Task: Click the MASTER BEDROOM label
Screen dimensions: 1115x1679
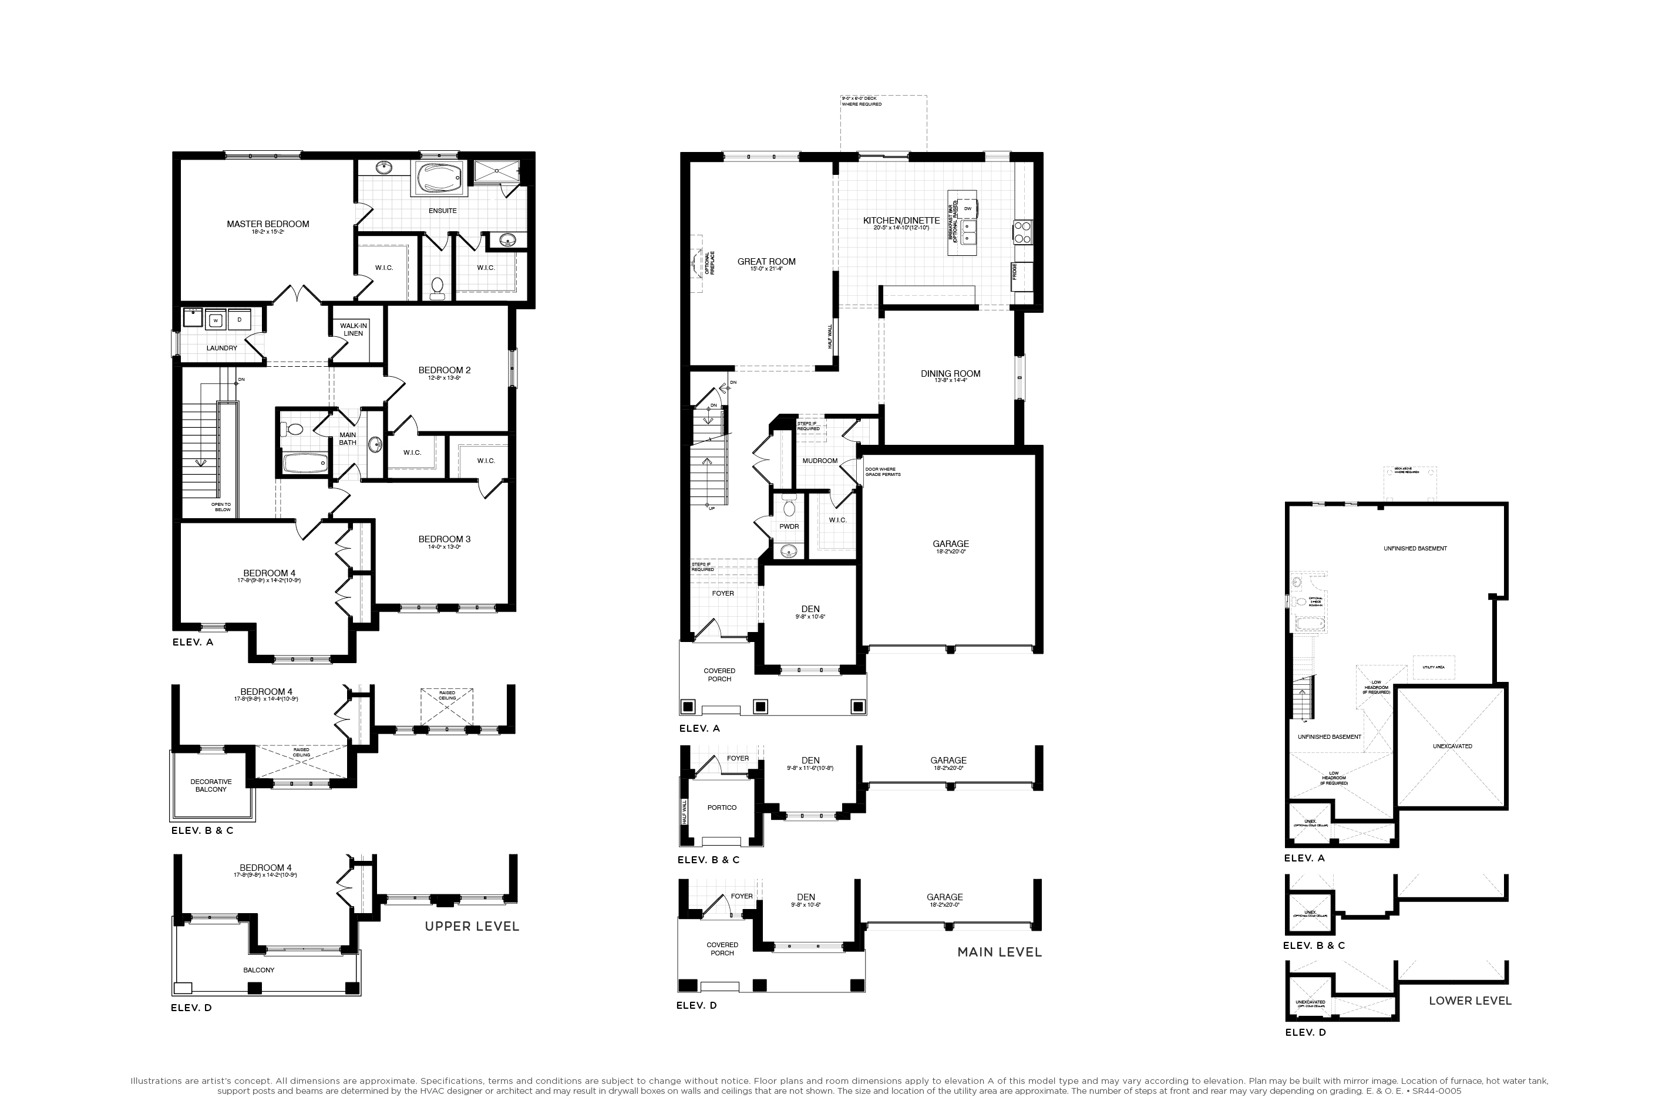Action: point(268,224)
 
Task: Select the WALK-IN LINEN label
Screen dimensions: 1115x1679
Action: point(354,329)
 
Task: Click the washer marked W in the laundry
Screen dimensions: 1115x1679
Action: point(216,320)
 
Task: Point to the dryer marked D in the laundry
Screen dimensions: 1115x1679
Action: point(239,320)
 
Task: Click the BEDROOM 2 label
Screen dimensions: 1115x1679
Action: point(444,370)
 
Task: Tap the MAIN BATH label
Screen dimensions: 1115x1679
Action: point(347,439)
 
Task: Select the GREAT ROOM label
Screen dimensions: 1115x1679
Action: point(766,262)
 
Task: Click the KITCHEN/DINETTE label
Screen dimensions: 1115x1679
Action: point(901,221)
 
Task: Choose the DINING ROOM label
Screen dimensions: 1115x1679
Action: point(950,373)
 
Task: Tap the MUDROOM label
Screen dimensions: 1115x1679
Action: point(820,461)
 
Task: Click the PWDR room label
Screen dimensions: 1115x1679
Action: point(789,526)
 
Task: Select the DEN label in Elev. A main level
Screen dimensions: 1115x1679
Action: point(810,609)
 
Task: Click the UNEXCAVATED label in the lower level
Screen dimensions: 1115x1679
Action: point(1452,746)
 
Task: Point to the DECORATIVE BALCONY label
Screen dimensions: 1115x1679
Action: point(211,785)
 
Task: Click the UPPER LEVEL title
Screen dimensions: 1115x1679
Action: point(472,926)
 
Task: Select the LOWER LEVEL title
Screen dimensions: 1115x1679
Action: point(1470,1001)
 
